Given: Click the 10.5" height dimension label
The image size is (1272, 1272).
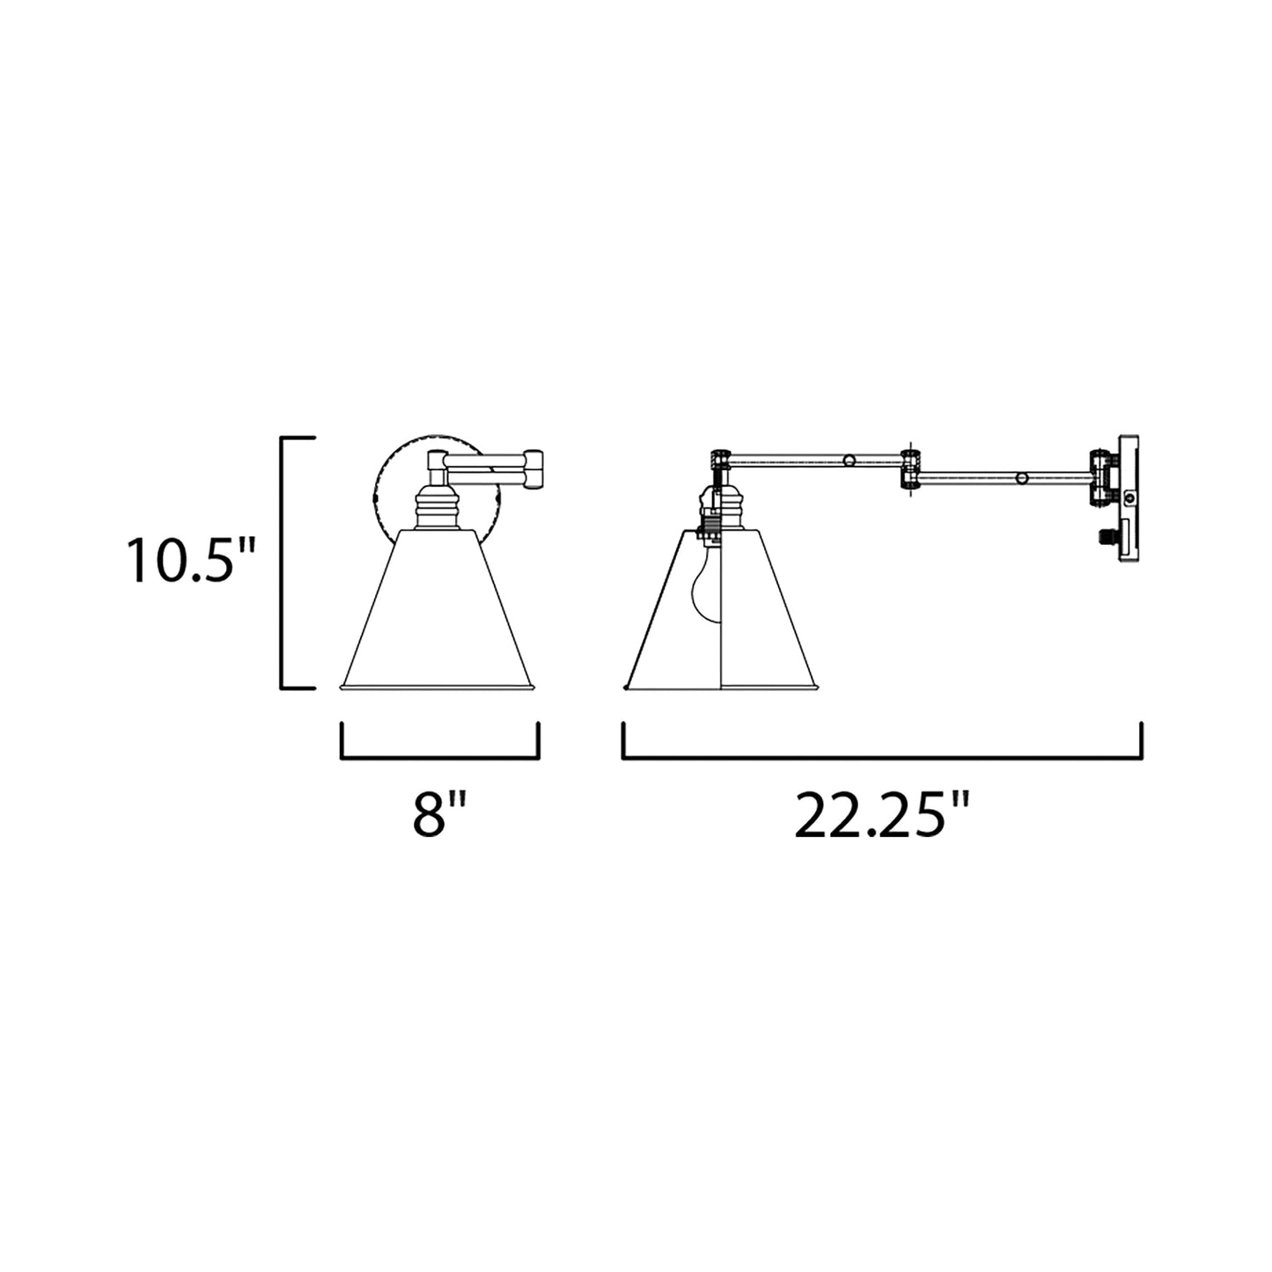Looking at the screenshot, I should click(x=190, y=561).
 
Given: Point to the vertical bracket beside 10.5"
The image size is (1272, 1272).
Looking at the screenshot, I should click(x=283, y=562).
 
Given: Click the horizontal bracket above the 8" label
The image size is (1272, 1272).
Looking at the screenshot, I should click(x=439, y=755).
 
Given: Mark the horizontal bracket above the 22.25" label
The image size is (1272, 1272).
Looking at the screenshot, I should click(x=882, y=755).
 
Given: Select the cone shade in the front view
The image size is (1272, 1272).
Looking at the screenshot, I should click(x=437, y=616).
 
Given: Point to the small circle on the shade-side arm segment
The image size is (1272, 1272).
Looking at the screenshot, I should click(x=849, y=460).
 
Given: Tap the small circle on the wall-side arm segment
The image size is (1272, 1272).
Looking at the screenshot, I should click(x=1021, y=478).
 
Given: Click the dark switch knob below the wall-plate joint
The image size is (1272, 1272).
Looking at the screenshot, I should click(x=1105, y=534).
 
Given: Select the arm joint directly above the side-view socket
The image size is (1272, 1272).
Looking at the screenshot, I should click(x=720, y=460).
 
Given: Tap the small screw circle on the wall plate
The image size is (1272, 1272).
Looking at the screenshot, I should click(x=1130, y=499).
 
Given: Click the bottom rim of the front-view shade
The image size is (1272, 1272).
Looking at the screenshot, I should click(x=437, y=687).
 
